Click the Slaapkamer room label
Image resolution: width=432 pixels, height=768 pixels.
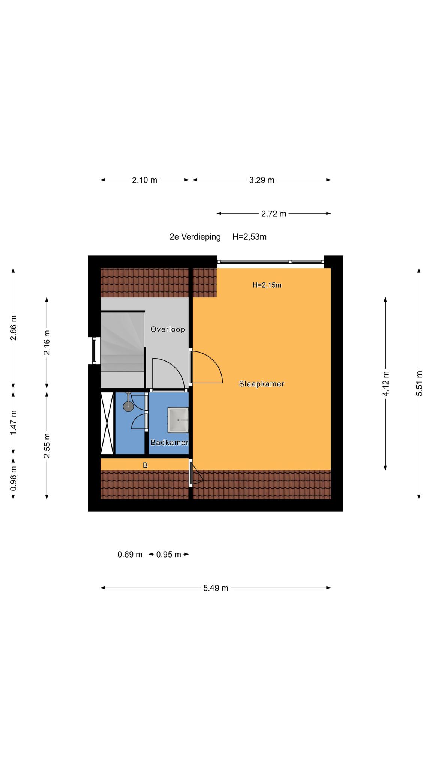point(262,384)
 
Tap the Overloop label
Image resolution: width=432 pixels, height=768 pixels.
point(168,329)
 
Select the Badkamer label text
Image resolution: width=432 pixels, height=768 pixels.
point(169,442)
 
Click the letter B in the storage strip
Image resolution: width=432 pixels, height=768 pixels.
point(145,465)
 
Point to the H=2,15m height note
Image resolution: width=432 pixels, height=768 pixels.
point(267,285)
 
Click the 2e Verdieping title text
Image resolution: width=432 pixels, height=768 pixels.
point(195,237)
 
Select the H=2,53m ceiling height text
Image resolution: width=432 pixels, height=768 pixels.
point(249,237)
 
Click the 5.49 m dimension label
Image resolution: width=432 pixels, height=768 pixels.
point(216,588)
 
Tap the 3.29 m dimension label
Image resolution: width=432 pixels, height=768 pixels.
point(262,180)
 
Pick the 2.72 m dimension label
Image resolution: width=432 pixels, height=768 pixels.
point(274,214)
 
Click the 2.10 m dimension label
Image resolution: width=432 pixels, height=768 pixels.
point(144,180)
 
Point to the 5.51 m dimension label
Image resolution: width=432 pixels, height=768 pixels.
point(419,383)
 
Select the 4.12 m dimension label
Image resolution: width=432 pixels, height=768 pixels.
point(385,383)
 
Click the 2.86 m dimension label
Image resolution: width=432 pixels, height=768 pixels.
point(13,328)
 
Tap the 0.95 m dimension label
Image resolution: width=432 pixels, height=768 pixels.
point(168,554)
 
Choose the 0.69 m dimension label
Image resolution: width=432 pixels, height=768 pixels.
point(130,554)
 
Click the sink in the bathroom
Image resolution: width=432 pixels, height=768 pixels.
point(178,420)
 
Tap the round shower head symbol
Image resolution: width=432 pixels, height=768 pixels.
point(128,406)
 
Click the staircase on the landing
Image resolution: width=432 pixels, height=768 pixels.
point(122,342)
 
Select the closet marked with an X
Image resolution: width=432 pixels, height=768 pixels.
point(107,423)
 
